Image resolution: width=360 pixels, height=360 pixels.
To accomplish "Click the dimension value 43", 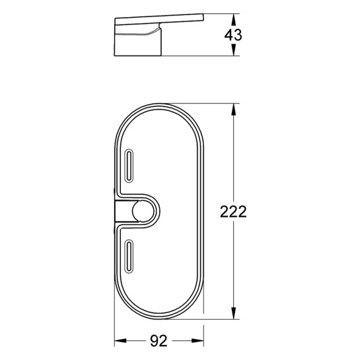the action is [233, 35].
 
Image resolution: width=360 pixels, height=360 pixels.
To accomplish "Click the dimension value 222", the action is [233, 211].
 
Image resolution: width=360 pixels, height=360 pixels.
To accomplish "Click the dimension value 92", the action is [159, 341].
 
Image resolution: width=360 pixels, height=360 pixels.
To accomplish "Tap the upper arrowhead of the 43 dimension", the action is [233, 20].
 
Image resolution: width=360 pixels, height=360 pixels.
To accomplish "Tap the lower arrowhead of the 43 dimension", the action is [233, 50].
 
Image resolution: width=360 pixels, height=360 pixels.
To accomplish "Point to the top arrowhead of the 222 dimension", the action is [233, 110].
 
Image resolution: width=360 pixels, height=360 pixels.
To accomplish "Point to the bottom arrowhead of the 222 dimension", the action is [233, 313].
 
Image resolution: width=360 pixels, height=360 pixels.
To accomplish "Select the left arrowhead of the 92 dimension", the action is [120, 341].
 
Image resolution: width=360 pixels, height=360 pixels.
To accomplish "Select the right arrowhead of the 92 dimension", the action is [198, 341].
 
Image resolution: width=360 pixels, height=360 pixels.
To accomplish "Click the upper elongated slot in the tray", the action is [129, 166].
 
